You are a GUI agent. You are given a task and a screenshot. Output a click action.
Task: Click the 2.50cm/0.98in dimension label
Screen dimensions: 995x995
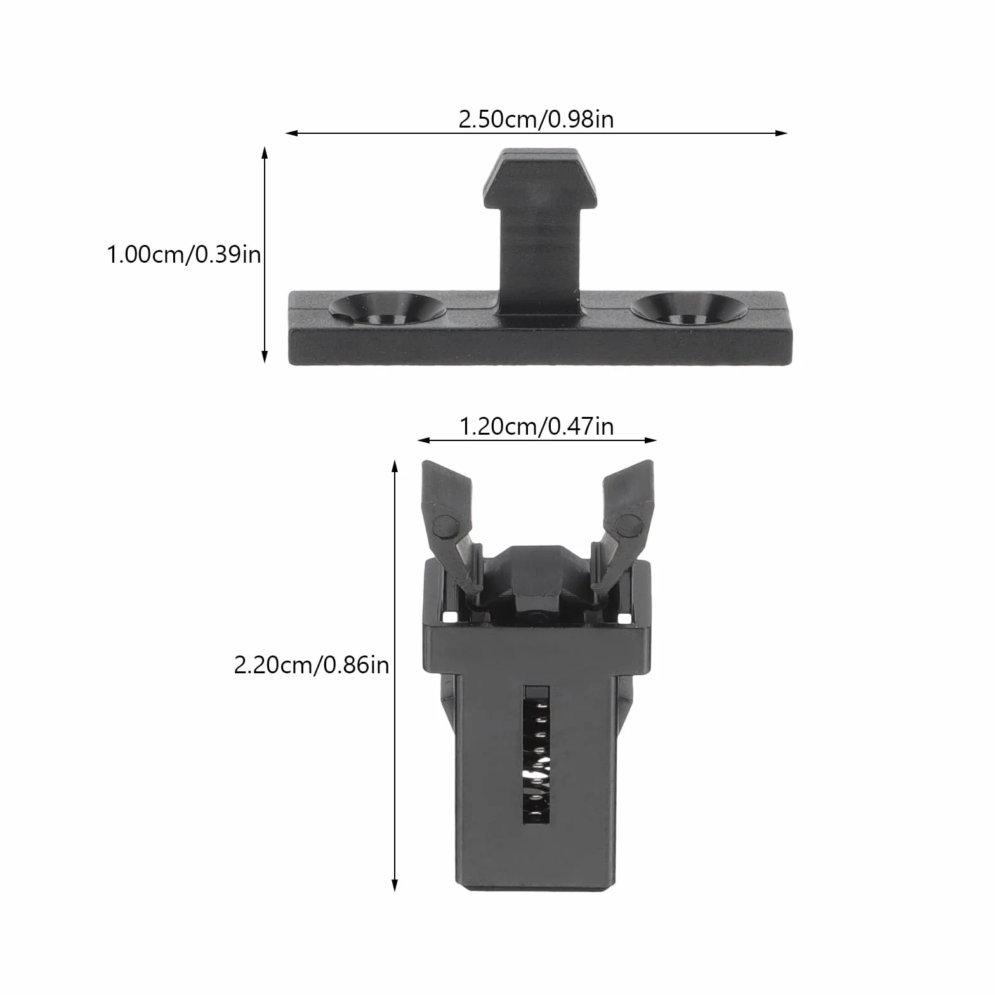pos(536,119)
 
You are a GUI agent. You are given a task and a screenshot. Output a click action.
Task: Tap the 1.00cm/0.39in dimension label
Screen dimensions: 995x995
pos(184,254)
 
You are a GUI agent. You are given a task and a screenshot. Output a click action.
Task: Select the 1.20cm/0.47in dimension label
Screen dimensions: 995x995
pos(536,426)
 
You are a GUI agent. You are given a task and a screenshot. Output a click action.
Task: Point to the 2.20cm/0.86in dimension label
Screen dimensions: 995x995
pos(312,664)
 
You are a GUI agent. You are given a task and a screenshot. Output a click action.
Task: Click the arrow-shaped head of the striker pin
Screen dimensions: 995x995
pos(540,178)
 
